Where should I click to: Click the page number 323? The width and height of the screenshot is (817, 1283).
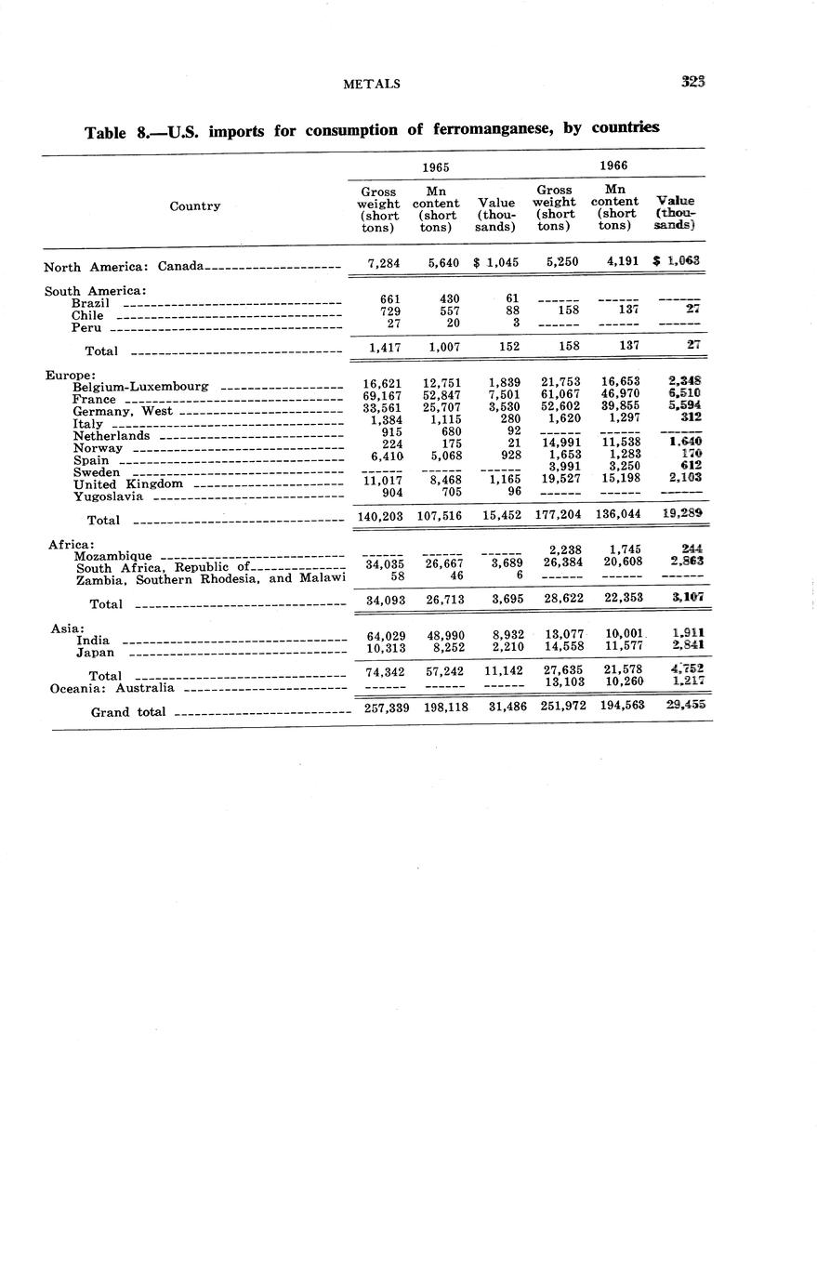coord(692,82)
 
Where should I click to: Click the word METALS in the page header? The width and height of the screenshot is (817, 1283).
coord(372,84)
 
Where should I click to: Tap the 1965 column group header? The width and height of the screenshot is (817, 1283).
coord(436,167)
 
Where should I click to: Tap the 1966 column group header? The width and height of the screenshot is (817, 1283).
coord(613,165)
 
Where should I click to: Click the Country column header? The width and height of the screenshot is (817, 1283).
coord(194,206)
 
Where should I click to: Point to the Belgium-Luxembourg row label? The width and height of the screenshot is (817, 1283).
coord(140,387)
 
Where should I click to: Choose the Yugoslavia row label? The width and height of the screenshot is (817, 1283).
coord(108,496)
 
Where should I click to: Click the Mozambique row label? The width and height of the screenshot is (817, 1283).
coord(112,556)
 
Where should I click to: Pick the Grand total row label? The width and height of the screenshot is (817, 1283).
coord(128,713)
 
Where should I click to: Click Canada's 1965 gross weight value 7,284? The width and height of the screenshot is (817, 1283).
coord(384,263)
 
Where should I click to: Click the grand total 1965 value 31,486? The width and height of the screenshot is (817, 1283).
coord(501,708)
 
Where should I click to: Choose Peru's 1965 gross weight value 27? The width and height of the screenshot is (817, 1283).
coord(393,324)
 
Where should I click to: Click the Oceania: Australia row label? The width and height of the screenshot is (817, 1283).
coord(112,689)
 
